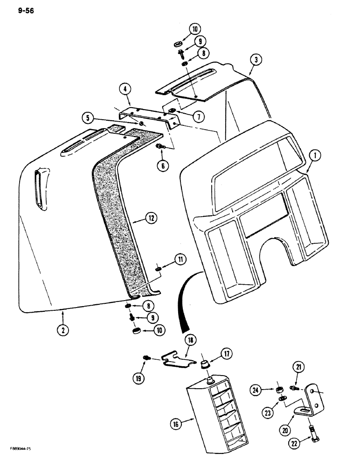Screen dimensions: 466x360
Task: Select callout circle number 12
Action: (x=151, y=218)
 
